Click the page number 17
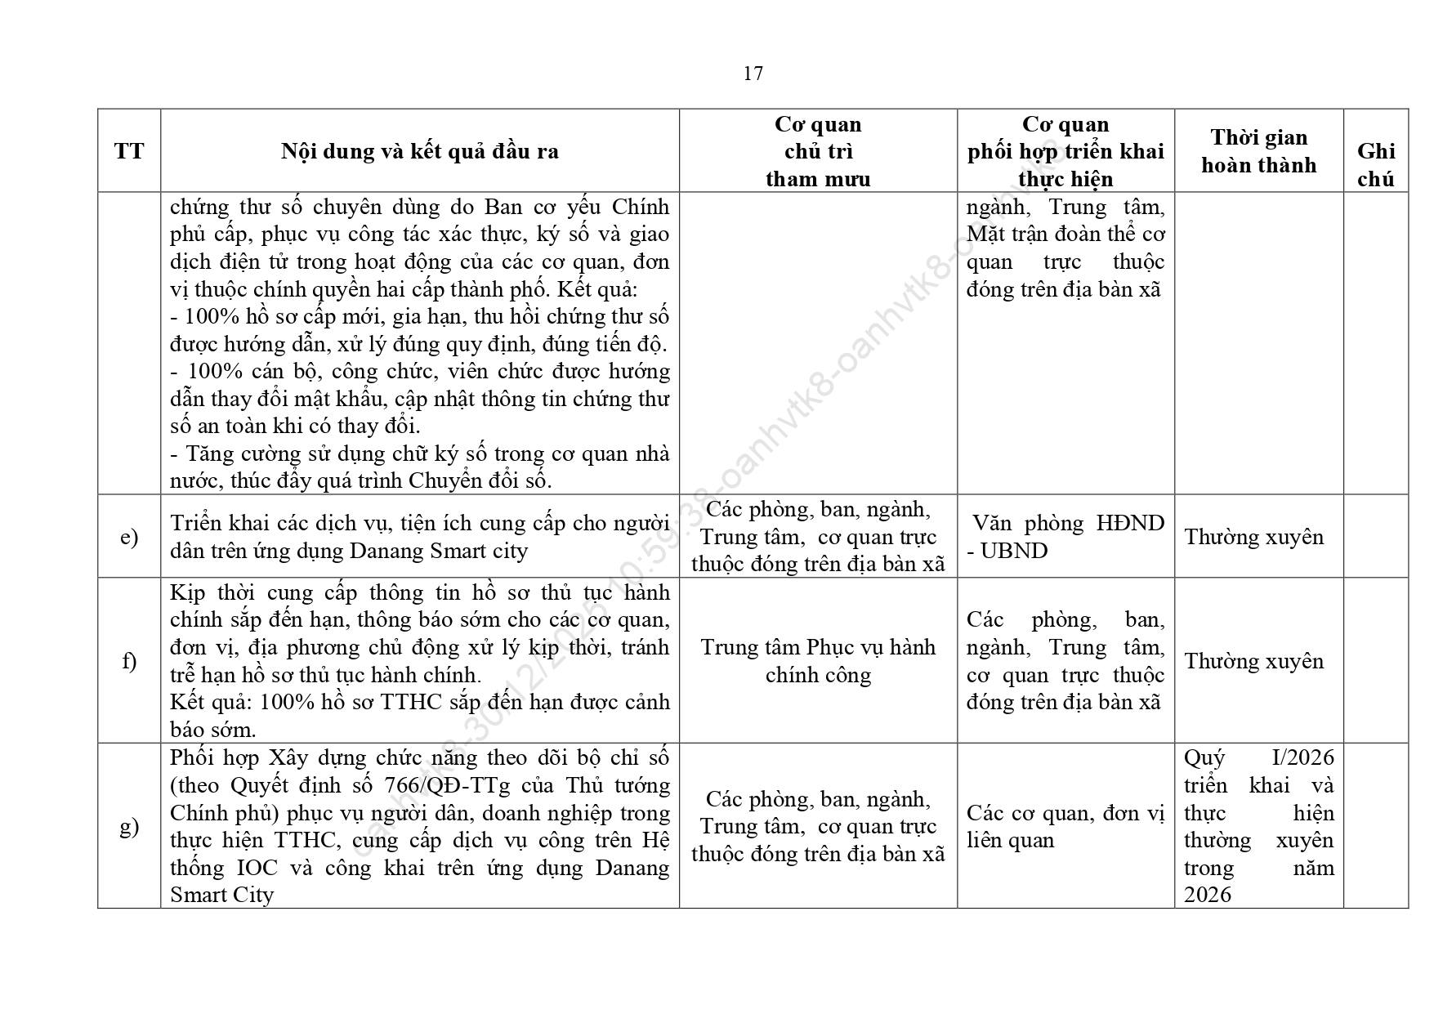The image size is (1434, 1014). click(753, 74)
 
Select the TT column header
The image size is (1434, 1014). click(129, 151)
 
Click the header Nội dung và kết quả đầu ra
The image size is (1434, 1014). click(419, 151)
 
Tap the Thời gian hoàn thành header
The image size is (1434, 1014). click(1258, 151)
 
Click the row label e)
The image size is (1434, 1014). click(129, 537)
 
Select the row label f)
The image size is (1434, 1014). click(129, 660)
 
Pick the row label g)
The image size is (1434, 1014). click(129, 825)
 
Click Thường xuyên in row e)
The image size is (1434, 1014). click(1253, 537)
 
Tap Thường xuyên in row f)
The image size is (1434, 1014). click(1253, 661)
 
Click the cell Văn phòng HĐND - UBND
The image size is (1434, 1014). click(1065, 537)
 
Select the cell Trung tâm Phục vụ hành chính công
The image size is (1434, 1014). click(818, 661)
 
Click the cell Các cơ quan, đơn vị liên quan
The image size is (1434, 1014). click(1065, 826)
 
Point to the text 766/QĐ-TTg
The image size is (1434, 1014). click(446, 785)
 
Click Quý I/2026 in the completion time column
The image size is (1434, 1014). click(1258, 758)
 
